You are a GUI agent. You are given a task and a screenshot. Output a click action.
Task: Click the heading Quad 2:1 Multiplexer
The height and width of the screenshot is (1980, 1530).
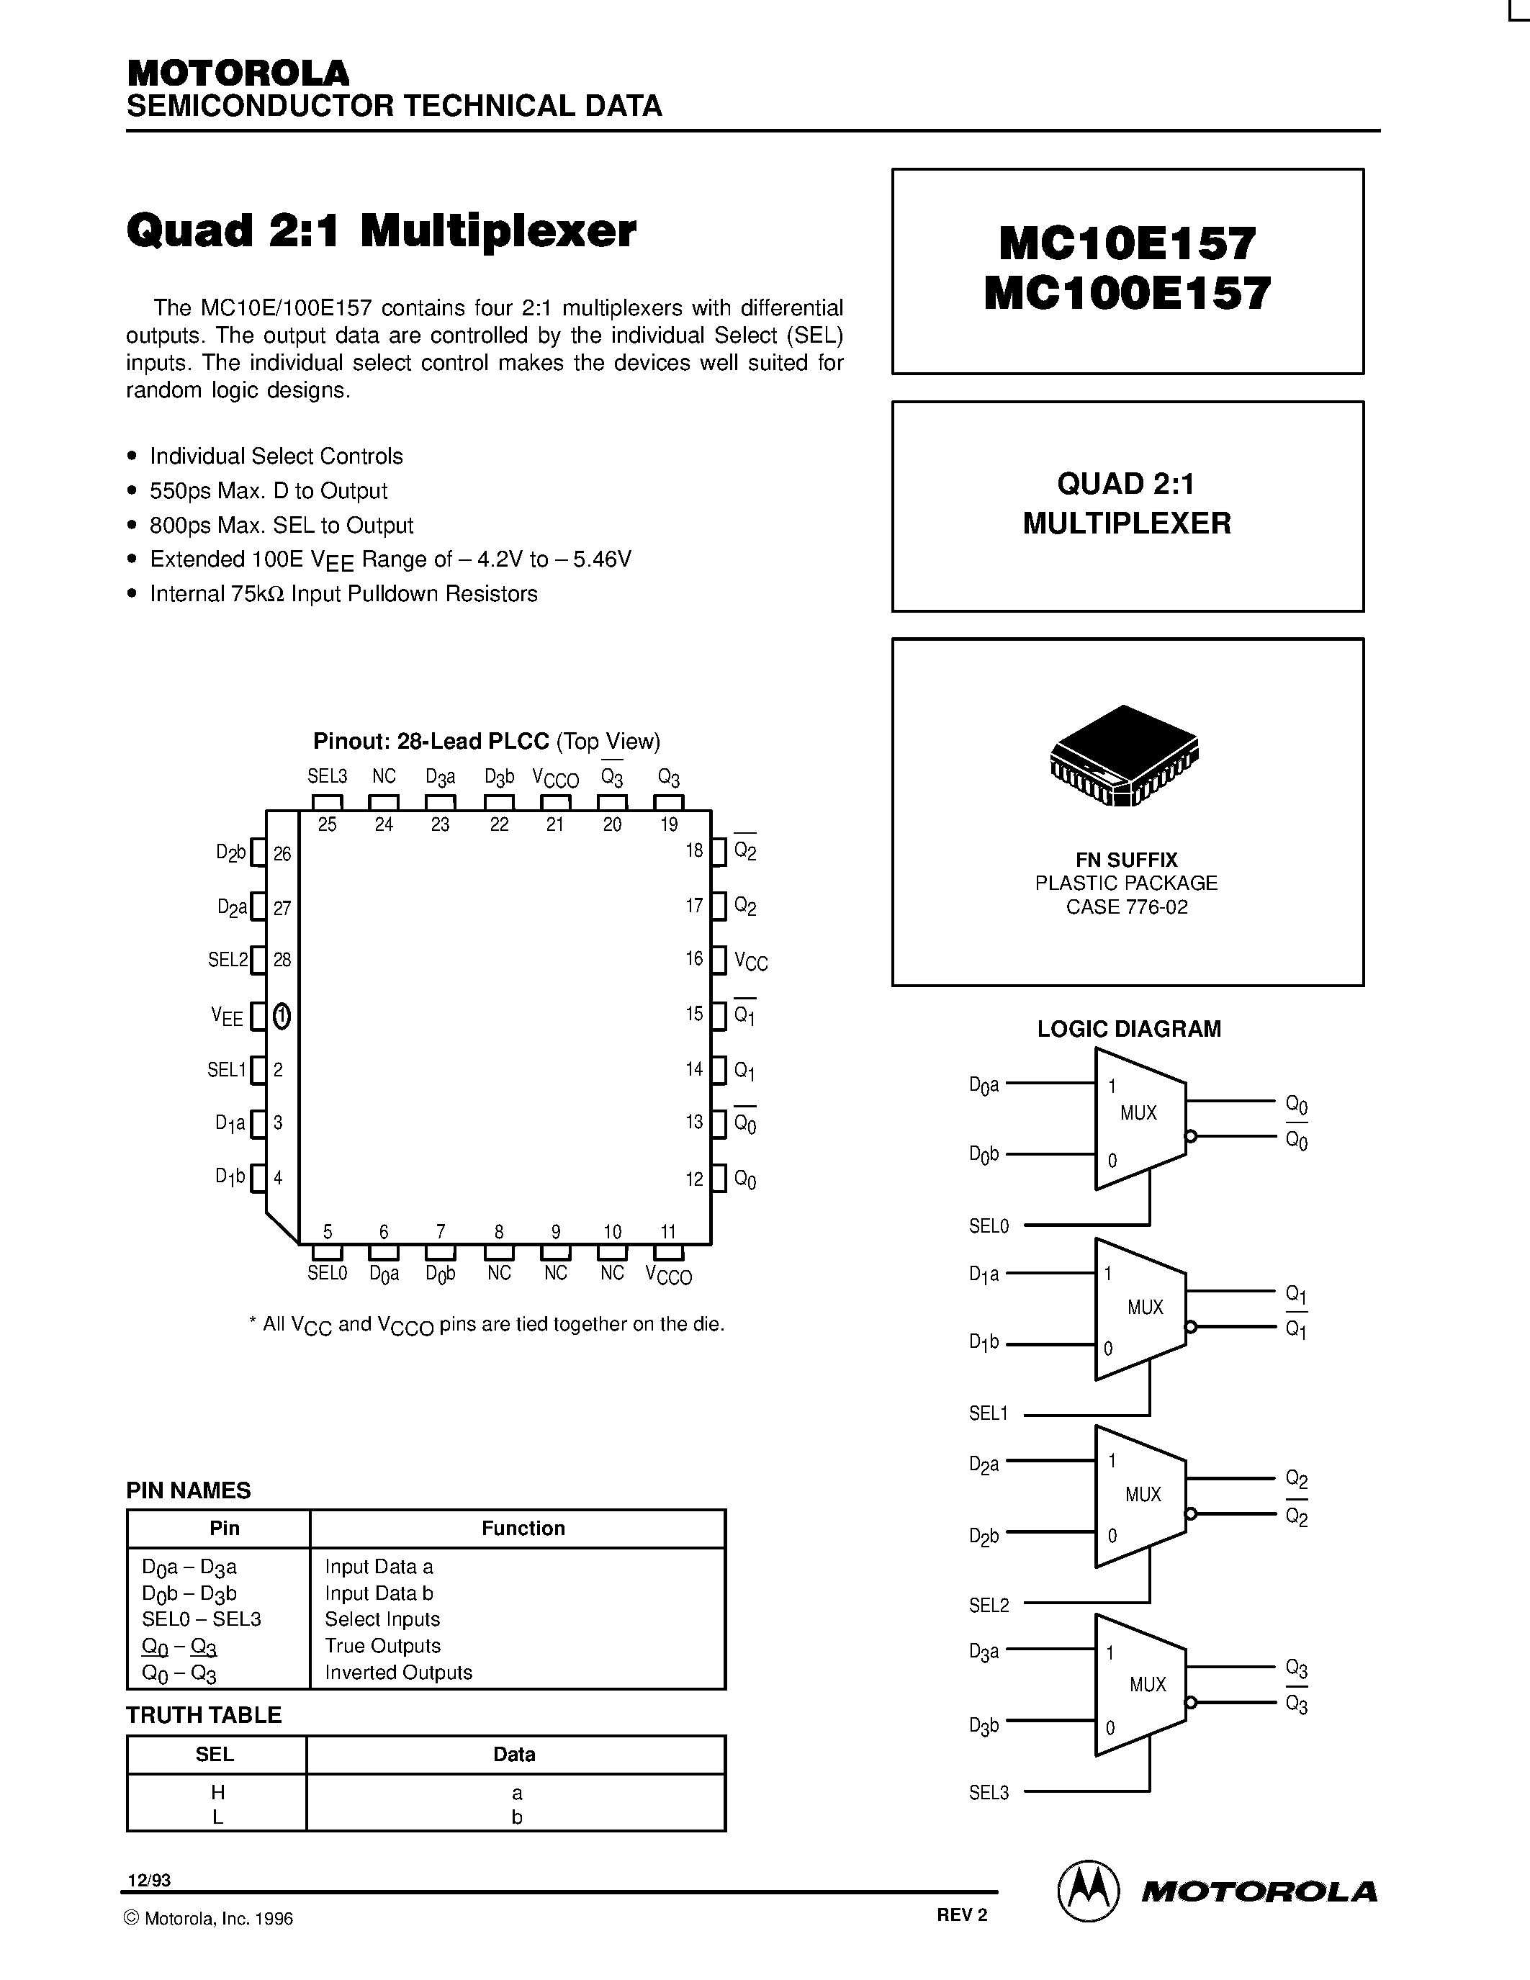[x=381, y=231]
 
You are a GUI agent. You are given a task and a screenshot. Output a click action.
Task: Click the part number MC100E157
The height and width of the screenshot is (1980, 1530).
[x=1127, y=294]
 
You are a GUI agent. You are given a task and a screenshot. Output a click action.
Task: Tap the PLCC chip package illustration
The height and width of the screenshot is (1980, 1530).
[x=1124, y=755]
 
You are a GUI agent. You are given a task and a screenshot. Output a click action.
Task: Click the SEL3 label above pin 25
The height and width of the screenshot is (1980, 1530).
[x=327, y=777]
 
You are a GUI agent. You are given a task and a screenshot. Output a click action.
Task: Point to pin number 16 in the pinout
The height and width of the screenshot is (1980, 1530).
[x=694, y=959]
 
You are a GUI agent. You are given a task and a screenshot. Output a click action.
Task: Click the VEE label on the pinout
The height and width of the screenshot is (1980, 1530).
[x=228, y=1017]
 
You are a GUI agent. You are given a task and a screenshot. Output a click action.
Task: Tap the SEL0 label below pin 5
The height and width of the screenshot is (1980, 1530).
[x=327, y=1274]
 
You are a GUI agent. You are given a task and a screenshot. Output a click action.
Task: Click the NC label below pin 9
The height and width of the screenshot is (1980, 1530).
[x=556, y=1274]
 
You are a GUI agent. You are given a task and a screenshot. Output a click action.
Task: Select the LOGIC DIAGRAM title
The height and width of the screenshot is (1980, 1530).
[x=1128, y=1029]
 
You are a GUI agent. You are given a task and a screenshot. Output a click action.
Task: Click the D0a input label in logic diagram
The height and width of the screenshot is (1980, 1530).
[x=984, y=1084]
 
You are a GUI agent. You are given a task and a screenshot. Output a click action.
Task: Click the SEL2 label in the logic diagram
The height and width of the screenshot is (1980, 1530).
[x=989, y=1606]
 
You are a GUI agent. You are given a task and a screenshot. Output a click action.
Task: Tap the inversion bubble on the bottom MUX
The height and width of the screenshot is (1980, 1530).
[x=1191, y=1703]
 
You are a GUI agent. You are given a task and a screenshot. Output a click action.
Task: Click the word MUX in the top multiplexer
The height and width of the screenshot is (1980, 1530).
[x=1138, y=1113]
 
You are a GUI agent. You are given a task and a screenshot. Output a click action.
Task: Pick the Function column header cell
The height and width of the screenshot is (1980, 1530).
[x=523, y=1529]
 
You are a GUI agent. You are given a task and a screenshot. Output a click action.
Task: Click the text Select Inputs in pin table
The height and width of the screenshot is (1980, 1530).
[x=382, y=1619]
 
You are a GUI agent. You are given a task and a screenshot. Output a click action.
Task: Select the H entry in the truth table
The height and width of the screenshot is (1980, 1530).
[x=217, y=1792]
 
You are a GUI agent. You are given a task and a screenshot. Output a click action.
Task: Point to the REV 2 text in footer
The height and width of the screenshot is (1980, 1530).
[x=962, y=1914]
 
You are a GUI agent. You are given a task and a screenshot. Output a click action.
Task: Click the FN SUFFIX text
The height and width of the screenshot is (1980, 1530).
[x=1127, y=860]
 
